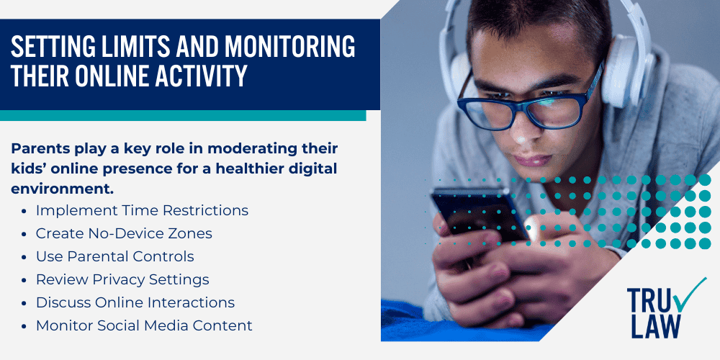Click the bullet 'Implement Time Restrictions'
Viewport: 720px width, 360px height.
[x=142, y=210]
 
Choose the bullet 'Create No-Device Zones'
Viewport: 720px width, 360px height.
[x=124, y=233]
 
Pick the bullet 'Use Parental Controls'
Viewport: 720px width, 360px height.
[x=115, y=256]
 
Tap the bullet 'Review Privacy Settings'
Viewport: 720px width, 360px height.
[x=122, y=279]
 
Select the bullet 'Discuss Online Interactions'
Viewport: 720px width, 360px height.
[x=135, y=302]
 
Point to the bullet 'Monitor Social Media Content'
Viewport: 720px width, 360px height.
[x=144, y=325]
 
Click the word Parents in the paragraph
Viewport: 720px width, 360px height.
[x=40, y=148]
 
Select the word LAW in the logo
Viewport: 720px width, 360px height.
[x=655, y=325]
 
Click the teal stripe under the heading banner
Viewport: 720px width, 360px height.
[x=183, y=115]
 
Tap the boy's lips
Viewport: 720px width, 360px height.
[x=531, y=160]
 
